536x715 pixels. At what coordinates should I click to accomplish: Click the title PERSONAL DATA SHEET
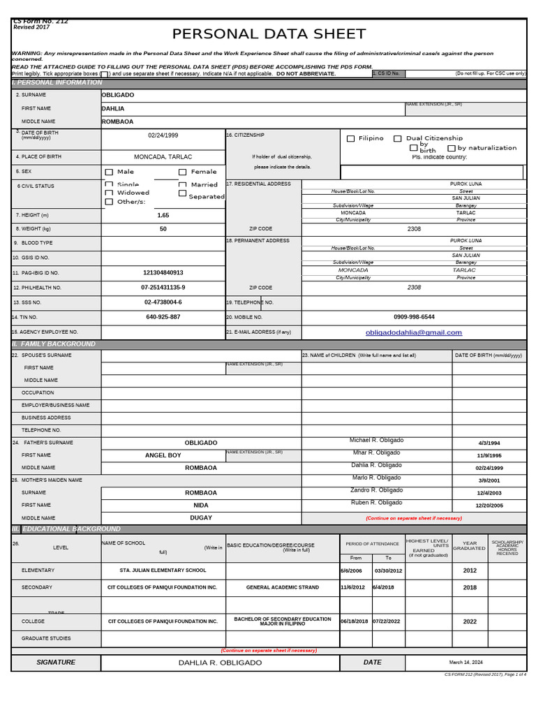[269, 34]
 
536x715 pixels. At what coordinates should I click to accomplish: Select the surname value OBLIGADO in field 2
[118, 95]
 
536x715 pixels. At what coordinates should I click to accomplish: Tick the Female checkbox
[183, 172]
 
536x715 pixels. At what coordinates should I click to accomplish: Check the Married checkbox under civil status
[183, 185]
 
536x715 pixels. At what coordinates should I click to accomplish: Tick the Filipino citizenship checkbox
[351, 139]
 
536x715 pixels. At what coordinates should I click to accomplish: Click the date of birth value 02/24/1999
[163, 135]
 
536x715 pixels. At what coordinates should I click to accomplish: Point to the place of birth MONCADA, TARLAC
[163, 157]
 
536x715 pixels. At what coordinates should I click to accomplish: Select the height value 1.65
[163, 216]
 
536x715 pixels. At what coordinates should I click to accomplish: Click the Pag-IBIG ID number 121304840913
[163, 273]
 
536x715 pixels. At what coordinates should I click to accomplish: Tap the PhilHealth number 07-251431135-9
[163, 288]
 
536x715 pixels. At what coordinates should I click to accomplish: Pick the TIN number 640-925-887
[163, 317]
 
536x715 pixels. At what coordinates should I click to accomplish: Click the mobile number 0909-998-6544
[414, 317]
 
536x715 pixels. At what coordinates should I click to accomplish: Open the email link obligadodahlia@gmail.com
[414, 333]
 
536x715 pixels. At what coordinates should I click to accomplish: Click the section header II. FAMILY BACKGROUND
[54, 344]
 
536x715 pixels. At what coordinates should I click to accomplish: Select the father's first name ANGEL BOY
[163, 455]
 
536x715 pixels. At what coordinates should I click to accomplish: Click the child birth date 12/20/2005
[489, 506]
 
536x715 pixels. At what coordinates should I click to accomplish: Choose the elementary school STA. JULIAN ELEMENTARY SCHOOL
[163, 570]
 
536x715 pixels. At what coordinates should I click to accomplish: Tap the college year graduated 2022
[470, 621]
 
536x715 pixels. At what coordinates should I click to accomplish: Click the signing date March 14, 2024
[466, 663]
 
